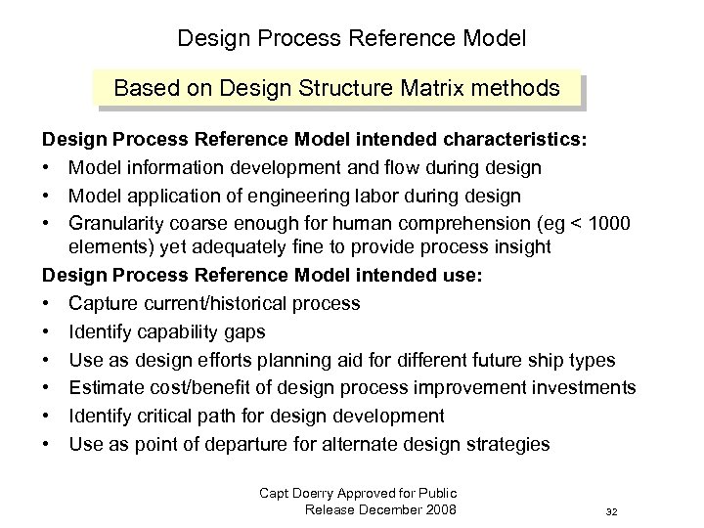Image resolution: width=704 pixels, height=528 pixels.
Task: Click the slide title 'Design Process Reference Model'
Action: [351, 39]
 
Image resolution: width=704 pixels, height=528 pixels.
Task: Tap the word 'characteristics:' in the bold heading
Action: [508, 141]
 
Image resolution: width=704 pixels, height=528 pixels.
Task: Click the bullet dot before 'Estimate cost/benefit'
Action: [49, 387]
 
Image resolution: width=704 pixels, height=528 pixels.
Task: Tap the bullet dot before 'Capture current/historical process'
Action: [49, 303]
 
